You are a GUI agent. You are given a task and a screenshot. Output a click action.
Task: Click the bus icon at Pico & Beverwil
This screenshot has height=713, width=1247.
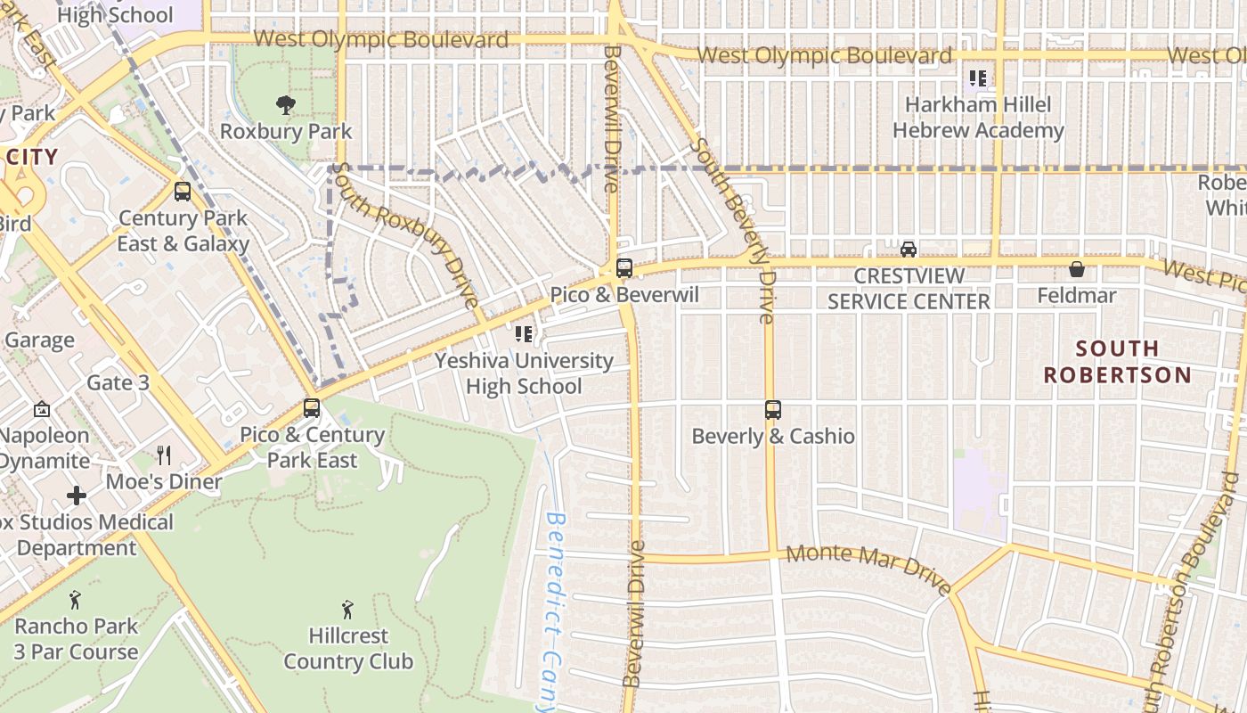623,267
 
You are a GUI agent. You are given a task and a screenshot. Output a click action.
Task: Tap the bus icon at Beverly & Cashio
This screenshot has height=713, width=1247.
772,410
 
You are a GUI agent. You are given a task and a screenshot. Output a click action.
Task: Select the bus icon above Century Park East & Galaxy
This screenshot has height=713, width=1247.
183,192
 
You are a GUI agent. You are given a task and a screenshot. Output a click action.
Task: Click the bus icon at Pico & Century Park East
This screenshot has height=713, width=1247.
311,408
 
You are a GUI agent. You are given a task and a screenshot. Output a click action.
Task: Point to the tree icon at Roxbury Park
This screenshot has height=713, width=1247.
286,106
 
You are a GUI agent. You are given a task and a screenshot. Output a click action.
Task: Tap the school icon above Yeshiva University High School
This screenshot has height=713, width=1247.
524,334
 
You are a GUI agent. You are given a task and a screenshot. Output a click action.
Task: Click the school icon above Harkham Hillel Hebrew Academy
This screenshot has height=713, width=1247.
978,78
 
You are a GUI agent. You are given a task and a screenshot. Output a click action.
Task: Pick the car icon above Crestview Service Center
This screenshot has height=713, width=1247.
909,249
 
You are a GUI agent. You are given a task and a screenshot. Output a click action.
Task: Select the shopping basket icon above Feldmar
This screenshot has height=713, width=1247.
1076,268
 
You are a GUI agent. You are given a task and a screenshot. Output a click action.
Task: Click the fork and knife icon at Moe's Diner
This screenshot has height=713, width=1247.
163,455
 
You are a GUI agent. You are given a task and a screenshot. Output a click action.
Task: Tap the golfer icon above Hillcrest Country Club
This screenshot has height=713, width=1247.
347,610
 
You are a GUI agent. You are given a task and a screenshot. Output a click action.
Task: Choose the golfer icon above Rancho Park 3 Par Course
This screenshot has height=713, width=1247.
76,600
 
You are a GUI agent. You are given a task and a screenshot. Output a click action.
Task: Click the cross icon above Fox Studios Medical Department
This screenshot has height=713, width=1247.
77,495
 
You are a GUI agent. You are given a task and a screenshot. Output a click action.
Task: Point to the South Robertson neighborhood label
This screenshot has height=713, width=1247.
1117,361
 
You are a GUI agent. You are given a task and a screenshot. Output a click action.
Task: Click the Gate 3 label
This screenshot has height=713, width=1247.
118,383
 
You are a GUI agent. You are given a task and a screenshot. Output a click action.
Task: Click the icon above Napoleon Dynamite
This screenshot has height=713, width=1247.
41,410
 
